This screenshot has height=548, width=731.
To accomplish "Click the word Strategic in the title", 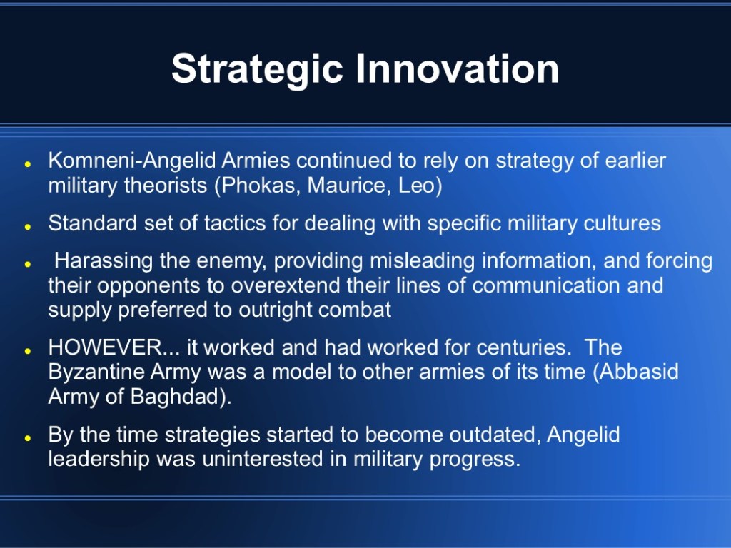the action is (x=257, y=69).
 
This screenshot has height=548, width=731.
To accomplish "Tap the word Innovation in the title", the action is (x=458, y=68).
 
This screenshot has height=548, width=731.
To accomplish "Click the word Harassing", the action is (x=104, y=261).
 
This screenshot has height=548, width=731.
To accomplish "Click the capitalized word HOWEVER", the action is (x=106, y=347).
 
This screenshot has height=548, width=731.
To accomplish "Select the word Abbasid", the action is (x=639, y=372).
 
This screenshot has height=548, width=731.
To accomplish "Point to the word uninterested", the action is (x=263, y=459).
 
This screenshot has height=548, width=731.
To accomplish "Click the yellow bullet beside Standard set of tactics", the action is (x=28, y=226).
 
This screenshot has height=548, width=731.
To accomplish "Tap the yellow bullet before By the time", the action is (x=28, y=438).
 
